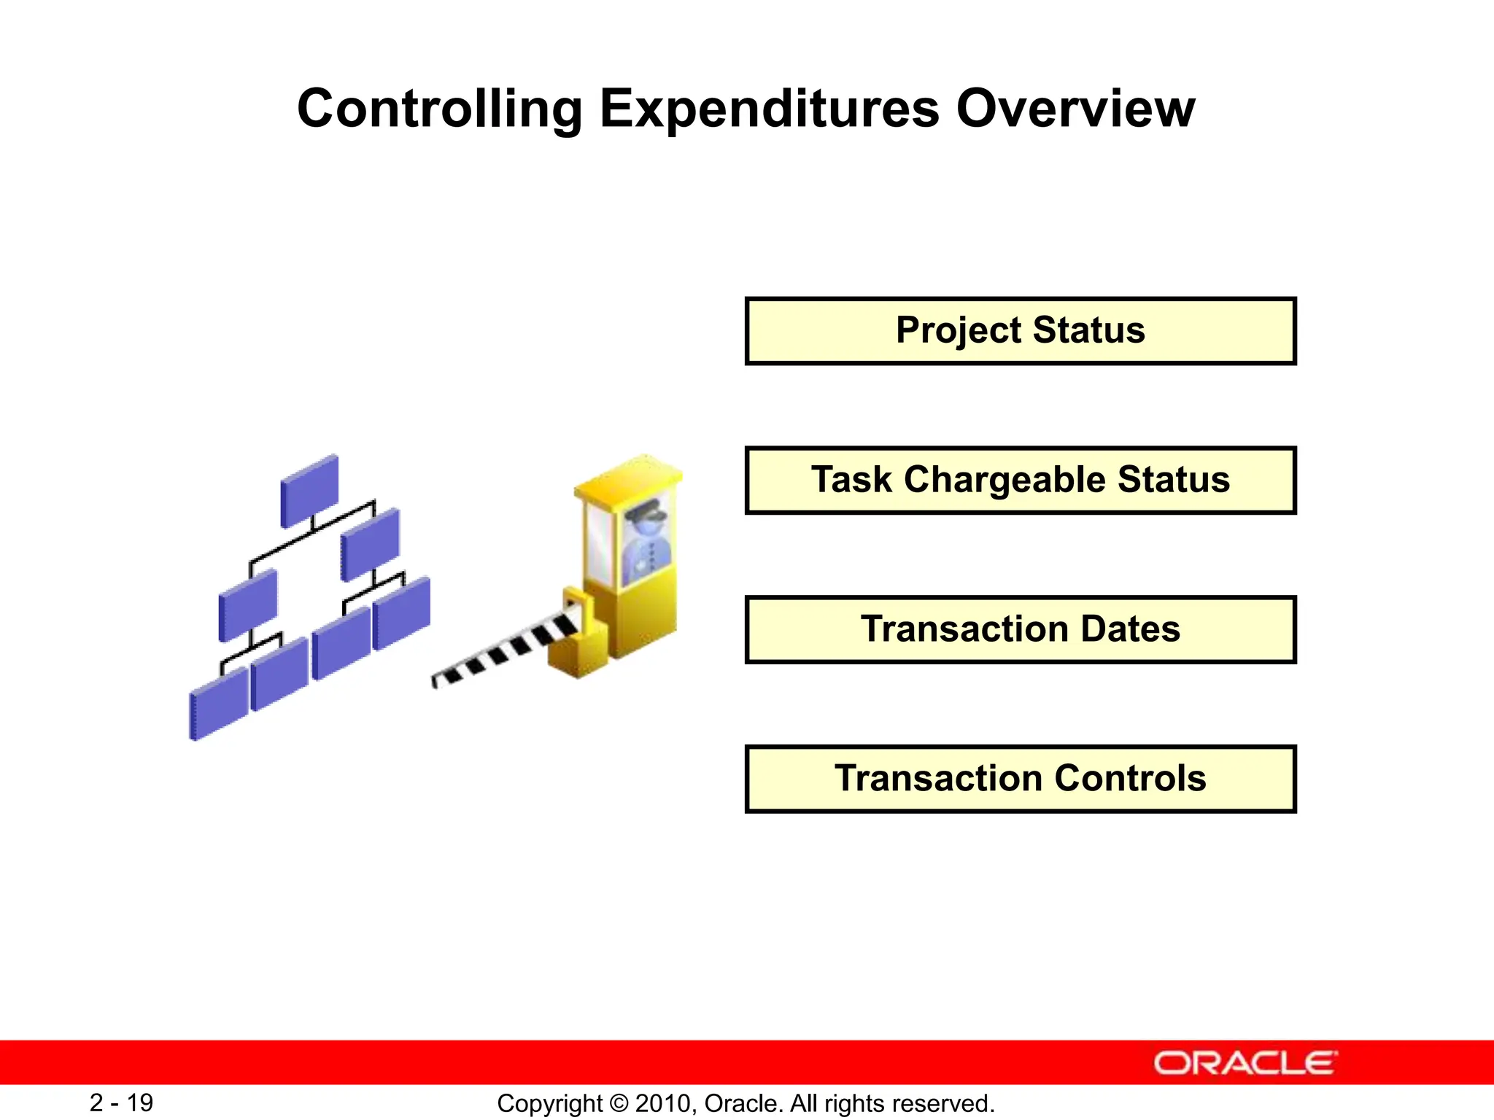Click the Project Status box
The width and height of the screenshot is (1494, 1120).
point(1020,330)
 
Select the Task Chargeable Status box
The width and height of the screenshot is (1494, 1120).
point(1020,480)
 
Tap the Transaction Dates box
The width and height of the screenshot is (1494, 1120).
point(1020,629)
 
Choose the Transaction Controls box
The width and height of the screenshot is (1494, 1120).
point(1020,779)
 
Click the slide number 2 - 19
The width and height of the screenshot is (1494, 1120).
point(121,1102)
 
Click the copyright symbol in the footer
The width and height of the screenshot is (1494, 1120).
point(618,1103)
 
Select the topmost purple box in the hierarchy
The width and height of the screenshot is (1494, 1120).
point(309,490)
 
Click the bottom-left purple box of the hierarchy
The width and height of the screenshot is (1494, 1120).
point(218,704)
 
